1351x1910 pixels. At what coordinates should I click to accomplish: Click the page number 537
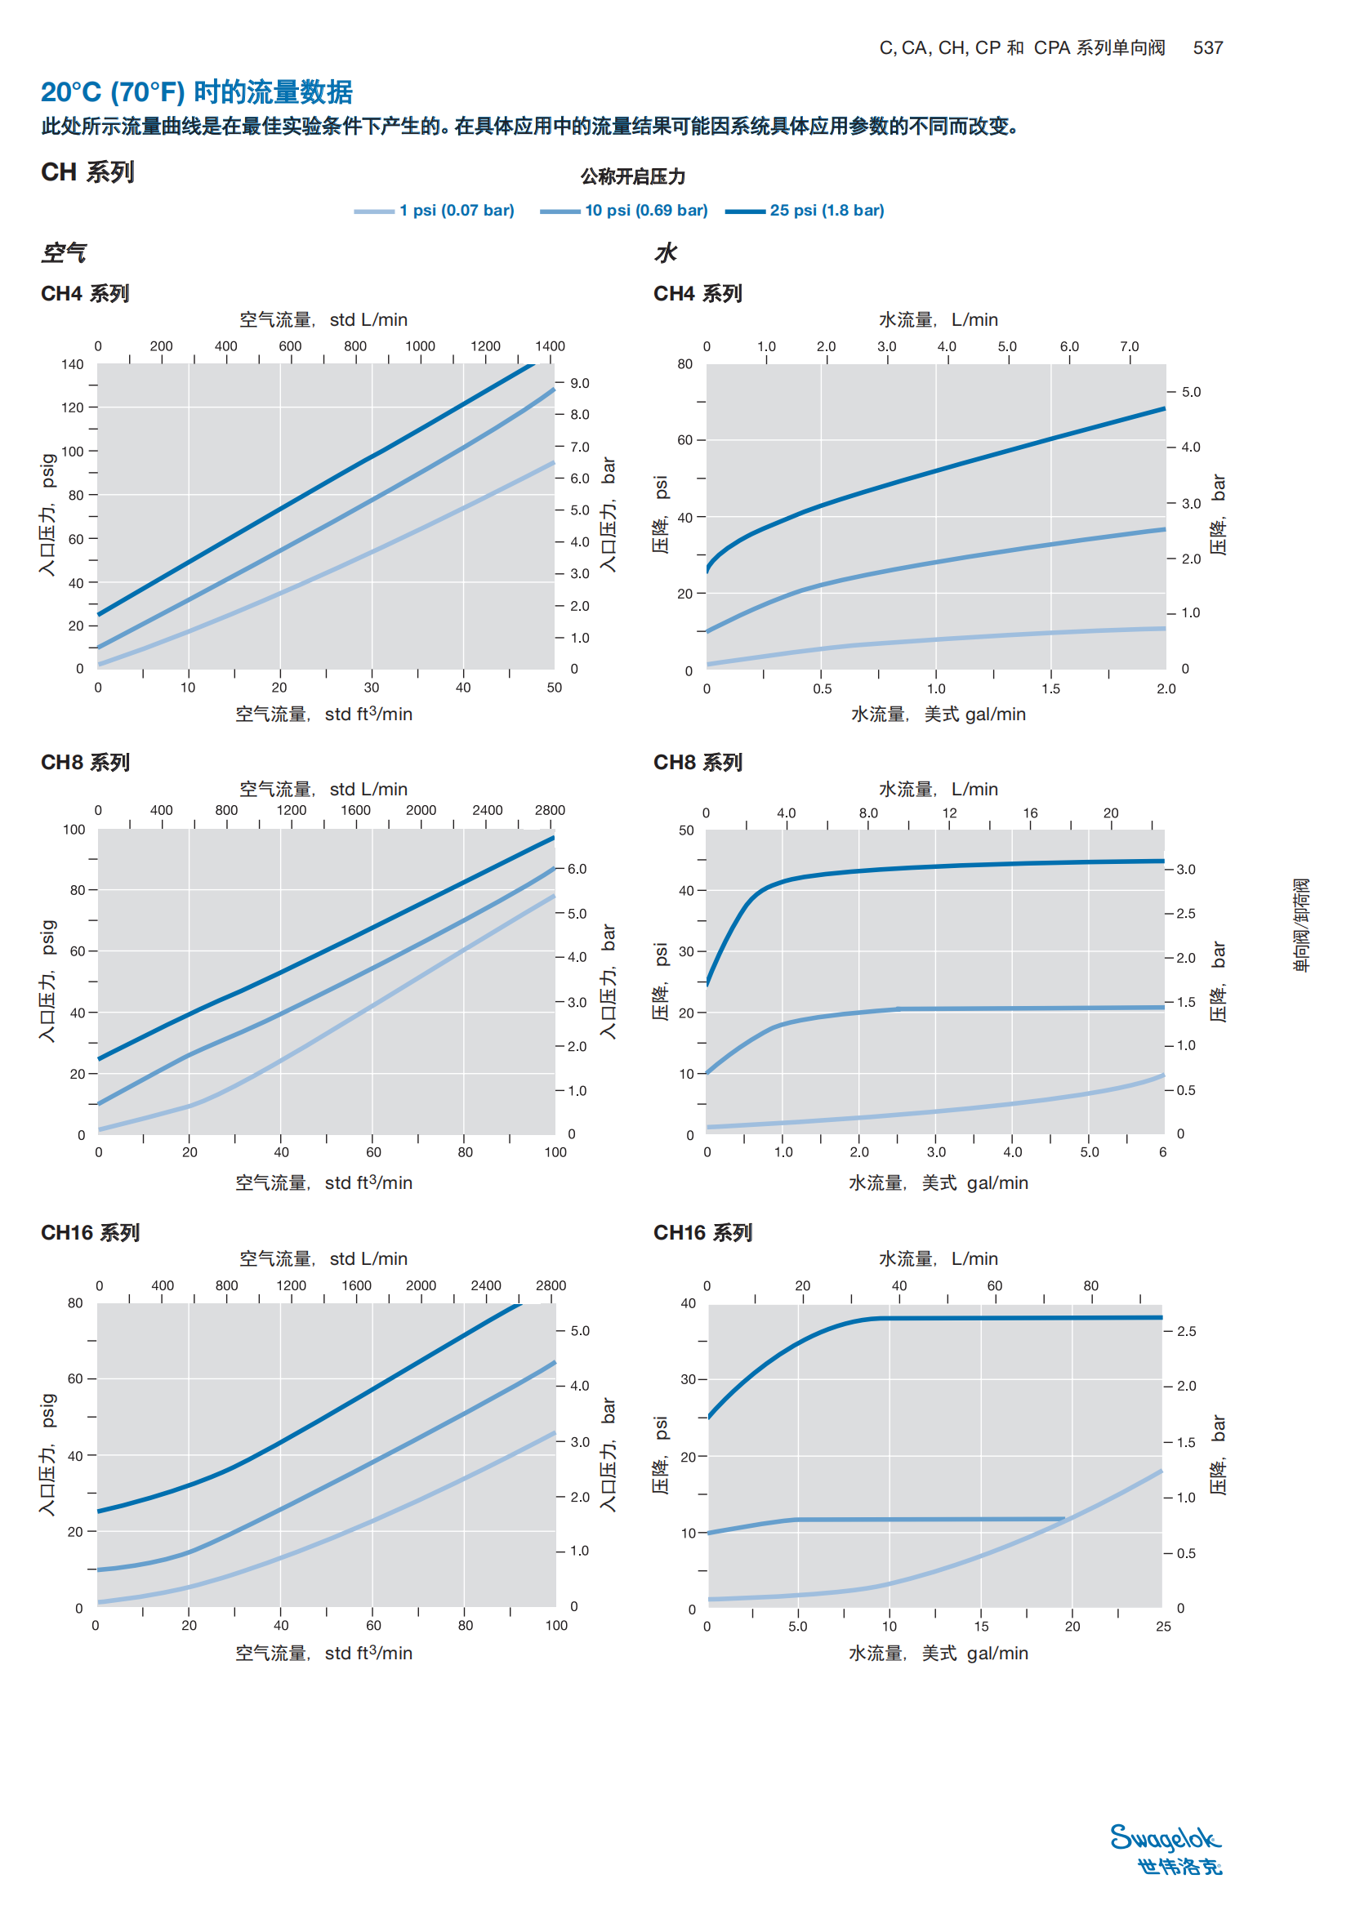pyautogui.click(x=1207, y=48)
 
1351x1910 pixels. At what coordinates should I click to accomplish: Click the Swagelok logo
pyautogui.click(x=1166, y=1850)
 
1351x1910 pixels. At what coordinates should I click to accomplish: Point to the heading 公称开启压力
pyautogui.click(x=632, y=176)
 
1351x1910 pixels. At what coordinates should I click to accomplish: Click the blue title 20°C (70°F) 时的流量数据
pyautogui.click(x=196, y=91)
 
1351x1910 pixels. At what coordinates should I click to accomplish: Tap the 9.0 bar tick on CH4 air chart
pyautogui.click(x=579, y=384)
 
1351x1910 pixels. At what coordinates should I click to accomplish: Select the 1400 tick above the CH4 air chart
pyautogui.click(x=550, y=346)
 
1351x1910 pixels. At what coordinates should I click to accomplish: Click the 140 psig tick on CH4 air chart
pyautogui.click(x=73, y=364)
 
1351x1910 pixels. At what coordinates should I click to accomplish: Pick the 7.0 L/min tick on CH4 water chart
pyautogui.click(x=1129, y=347)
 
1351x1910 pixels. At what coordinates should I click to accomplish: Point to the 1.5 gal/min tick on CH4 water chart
pyautogui.click(x=1050, y=689)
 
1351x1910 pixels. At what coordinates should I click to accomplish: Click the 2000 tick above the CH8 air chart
pyautogui.click(x=421, y=810)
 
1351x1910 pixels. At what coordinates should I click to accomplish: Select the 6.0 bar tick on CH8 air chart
pyautogui.click(x=577, y=870)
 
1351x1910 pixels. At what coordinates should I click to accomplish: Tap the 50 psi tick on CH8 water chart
pyautogui.click(x=686, y=830)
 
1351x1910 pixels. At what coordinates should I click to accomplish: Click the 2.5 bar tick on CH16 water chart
pyautogui.click(x=1186, y=1332)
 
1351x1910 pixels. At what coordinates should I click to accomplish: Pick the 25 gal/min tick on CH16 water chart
pyautogui.click(x=1163, y=1627)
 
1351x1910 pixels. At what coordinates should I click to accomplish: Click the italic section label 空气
pyautogui.click(x=64, y=253)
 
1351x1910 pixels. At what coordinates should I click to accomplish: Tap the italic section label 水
pyautogui.click(x=666, y=253)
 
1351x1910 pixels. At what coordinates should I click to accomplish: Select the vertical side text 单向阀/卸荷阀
pyautogui.click(x=1301, y=924)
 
